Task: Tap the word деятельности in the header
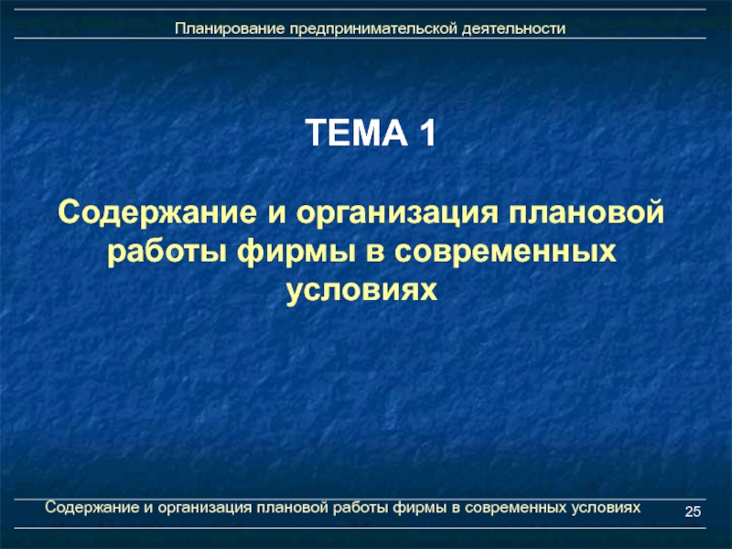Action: click(514, 29)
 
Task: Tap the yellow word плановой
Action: click(587, 212)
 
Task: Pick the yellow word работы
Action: click(167, 253)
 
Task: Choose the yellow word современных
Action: click(506, 253)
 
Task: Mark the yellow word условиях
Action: click(361, 291)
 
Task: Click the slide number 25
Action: click(693, 511)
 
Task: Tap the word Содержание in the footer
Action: click(92, 508)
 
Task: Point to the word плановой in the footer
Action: click(292, 508)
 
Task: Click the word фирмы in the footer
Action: click(420, 509)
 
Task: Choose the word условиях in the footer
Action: click(606, 508)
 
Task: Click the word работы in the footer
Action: click(361, 509)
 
